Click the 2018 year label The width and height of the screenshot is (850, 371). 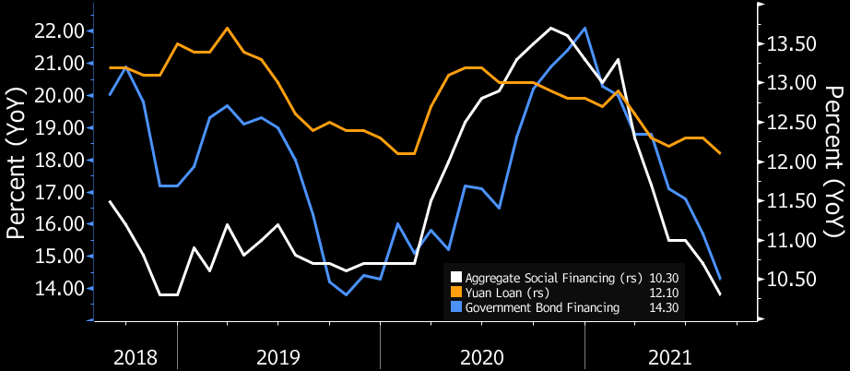coord(135,357)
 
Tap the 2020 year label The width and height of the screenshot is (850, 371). coord(482,357)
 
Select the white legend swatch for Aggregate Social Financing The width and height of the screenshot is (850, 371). coord(455,277)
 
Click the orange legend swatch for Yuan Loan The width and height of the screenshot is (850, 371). coord(455,293)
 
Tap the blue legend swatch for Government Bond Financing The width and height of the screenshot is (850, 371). coord(455,308)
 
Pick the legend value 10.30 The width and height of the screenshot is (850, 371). coord(664,277)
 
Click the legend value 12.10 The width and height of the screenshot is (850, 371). coord(664,293)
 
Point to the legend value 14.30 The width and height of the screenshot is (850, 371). coord(664,308)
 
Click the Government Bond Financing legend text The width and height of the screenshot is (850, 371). coord(542,308)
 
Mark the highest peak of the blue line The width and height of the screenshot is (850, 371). coord(585,28)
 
